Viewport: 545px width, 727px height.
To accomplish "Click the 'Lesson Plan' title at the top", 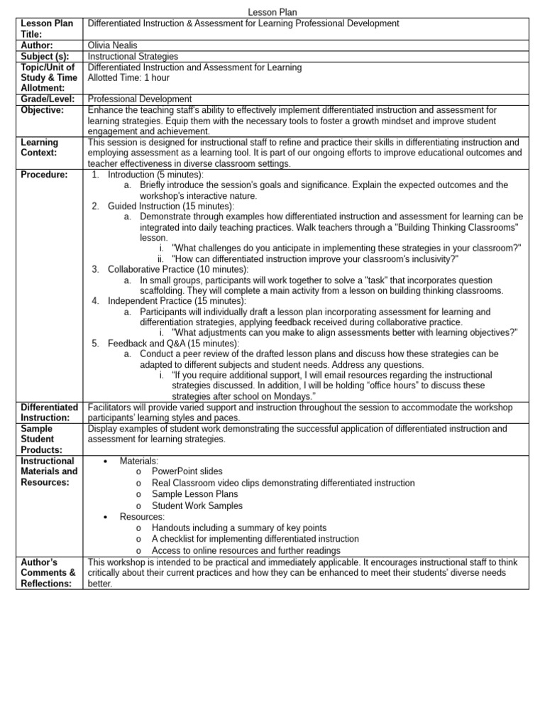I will click(272, 12).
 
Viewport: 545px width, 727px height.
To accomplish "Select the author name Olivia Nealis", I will click(114, 45).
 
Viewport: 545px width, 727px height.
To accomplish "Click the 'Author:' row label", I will click(37, 45).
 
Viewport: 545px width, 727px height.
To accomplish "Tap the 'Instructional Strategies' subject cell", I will click(133, 56).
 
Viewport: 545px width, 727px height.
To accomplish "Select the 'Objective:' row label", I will click(42, 110).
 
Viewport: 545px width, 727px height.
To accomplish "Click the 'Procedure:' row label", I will click(44, 175).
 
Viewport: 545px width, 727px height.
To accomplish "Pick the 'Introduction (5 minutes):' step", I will click(155, 175).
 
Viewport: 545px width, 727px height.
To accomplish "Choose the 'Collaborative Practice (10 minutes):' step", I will click(178, 269).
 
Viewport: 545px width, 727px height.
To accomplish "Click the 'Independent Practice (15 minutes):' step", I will click(177, 301).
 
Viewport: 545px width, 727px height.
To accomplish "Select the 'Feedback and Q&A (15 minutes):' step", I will click(173, 343).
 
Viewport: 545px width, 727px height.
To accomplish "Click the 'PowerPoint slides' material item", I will click(187, 471).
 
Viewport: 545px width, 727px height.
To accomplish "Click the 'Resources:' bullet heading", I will click(142, 517).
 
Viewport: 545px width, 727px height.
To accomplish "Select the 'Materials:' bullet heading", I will click(139, 461).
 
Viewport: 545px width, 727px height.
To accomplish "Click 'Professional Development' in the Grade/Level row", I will click(139, 99).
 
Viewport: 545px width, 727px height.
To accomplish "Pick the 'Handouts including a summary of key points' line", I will click(239, 528).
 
